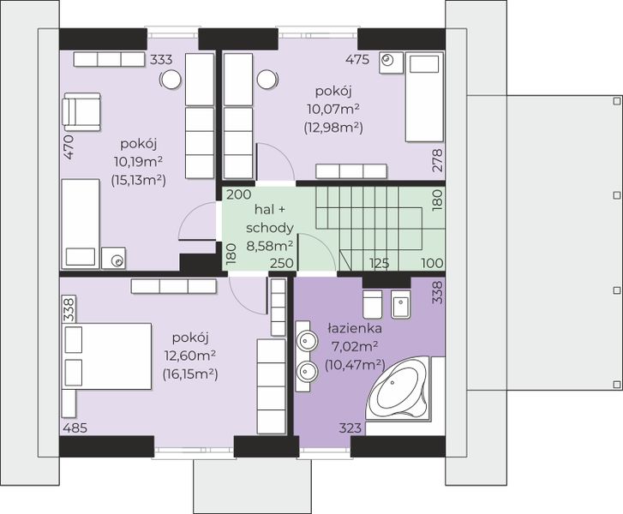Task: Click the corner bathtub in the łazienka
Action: pyautogui.click(x=398, y=388)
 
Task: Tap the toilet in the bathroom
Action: pyautogui.click(x=372, y=304)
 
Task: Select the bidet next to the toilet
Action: pyautogui.click(x=400, y=304)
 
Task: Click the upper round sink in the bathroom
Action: pyautogui.click(x=307, y=340)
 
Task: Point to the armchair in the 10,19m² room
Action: pyautogui.click(x=81, y=111)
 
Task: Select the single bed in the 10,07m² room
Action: pyautogui.click(x=424, y=97)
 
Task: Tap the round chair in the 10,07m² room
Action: pyautogui.click(x=267, y=80)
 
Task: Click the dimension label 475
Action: pyautogui.click(x=357, y=60)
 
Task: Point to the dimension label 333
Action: pyautogui.click(x=161, y=60)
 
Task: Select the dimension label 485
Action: pyautogui.click(x=75, y=428)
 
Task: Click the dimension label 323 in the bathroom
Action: pyautogui.click(x=350, y=427)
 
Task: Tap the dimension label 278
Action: pyautogui.click(x=437, y=160)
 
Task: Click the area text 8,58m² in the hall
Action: pyautogui.click(x=270, y=246)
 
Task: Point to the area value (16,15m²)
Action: pyautogui.click(x=190, y=374)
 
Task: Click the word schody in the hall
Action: pyautogui.click(x=270, y=228)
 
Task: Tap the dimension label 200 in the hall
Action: pyautogui.click(x=239, y=194)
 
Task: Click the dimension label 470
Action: pyautogui.click(x=69, y=147)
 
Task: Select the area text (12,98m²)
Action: pyautogui.click(x=333, y=128)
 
